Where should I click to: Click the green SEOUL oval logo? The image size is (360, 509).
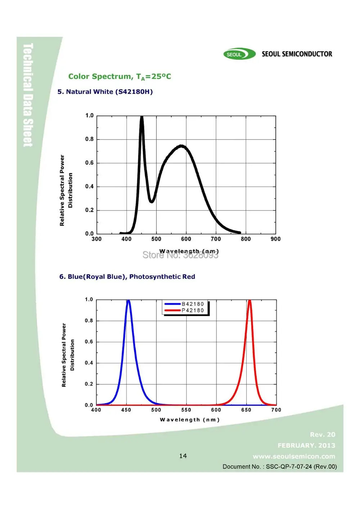click(239, 54)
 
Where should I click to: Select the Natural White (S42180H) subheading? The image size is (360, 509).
click(105, 92)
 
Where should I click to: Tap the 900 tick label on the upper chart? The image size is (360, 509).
click(275, 239)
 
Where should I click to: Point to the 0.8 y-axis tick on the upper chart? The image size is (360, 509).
click(89, 139)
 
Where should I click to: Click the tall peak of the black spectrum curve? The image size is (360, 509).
click(141, 117)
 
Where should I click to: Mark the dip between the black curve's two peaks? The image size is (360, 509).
click(152, 201)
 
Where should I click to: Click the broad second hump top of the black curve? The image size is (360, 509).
click(181, 146)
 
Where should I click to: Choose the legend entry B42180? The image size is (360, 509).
click(193, 304)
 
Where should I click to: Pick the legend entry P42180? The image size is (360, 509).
click(193, 311)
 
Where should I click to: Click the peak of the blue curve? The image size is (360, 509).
click(128, 301)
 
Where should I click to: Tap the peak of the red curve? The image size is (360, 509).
click(249, 301)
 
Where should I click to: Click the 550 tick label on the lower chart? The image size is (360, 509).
click(186, 410)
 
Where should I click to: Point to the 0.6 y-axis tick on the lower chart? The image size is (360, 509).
click(89, 342)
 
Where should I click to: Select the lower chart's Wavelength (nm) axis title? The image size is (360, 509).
click(190, 420)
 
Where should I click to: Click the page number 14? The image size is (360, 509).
click(183, 456)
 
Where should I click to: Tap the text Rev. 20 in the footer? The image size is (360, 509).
click(323, 435)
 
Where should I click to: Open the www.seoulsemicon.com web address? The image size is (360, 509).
click(294, 456)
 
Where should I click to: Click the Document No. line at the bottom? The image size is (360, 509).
click(280, 467)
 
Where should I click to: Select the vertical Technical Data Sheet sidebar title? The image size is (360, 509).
click(28, 95)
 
